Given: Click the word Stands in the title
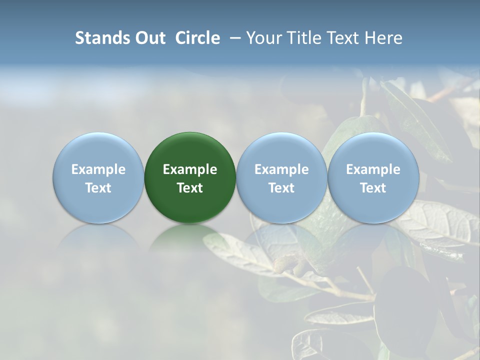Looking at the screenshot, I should (x=95, y=38).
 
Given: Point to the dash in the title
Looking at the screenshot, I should (x=233, y=38).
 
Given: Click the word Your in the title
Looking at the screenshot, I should (x=262, y=38).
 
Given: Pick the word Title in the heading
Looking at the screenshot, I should (x=303, y=38).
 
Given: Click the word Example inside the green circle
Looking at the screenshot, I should (x=190, y=169).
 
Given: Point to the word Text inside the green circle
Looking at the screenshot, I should (x=190, y=188).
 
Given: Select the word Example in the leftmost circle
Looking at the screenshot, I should (x=98, y=169).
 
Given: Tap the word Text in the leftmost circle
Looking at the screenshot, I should (x=98, y=188).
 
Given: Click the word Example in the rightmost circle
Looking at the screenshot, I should (x=373, y=169).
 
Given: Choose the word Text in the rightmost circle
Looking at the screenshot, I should (x=373, y=188).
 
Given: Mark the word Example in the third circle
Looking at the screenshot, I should (x=281, y=169).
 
